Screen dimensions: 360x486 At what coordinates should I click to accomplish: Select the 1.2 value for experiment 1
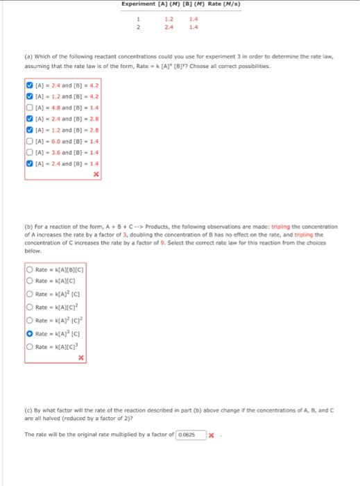click(x=169, y=19)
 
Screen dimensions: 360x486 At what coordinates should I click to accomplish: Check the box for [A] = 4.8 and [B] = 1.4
click(x=29, y=109)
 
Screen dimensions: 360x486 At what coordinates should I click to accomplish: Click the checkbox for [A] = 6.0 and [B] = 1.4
click(x=29, y=140)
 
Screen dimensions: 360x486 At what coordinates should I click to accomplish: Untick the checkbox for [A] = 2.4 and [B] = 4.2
click(x=29, y=88)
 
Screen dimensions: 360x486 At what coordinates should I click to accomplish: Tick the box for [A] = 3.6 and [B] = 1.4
click(x=29, y=150)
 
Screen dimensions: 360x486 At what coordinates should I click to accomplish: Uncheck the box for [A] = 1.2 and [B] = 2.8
click(x=29, y=129)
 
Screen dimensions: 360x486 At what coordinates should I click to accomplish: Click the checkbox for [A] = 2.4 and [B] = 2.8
click(x=29, y=119)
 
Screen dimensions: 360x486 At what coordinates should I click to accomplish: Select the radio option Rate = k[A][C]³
click(x=29, y=346)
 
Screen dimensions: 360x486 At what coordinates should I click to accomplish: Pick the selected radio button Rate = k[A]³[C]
click(x=29, y=333)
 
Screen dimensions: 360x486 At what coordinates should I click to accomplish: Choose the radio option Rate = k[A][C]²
click(x=29, y=307)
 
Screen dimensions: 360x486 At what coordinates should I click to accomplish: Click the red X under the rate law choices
click(x=81, y=358)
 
